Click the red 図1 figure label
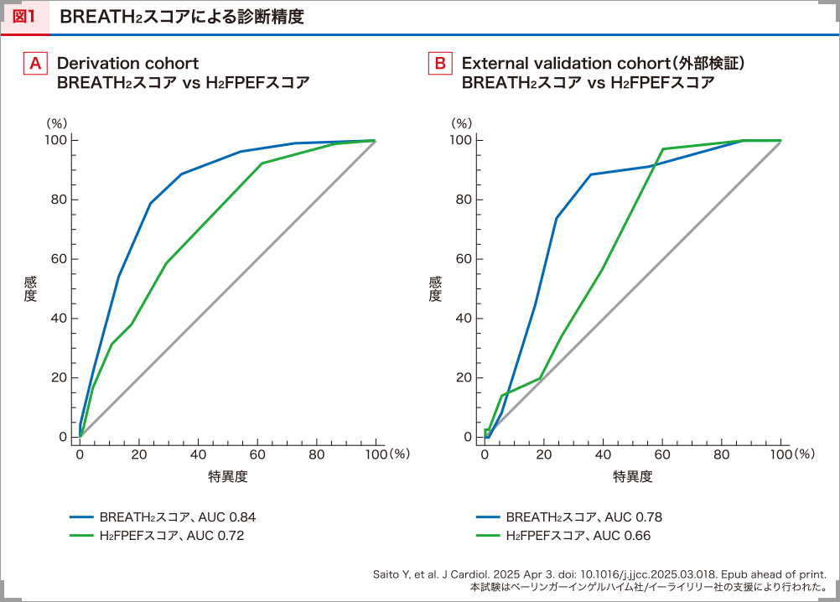pyautogui.click(x=24, y=17)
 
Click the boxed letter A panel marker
pyautogui.click(x=35, y=64)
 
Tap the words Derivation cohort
pyautogui.click(x=127, y=64)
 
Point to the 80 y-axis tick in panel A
pyautogui.click(x=58, y=200)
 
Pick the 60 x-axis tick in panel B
pyautogui.click(x=662, y=454)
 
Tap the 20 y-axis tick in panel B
pyautogui.click(x=463, y=377)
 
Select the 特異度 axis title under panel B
pyautogui.click(x=633, y=477)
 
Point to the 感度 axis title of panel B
pyautogui.click(x=433, y=288)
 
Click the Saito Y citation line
pyautogui.click(x=600, y=574)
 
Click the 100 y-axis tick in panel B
pyautogui.click(x=460, y=140)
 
